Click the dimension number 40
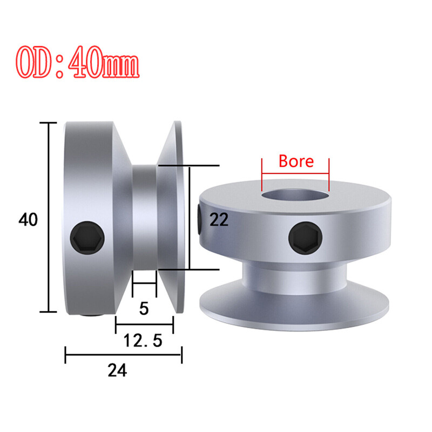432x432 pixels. click(x=28, y=220)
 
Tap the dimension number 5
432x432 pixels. click(x=144, y=308)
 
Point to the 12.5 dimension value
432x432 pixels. click(x=144, y=341)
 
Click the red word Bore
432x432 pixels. click(x=295, y=161)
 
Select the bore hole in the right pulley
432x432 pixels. click(x=295, y=194)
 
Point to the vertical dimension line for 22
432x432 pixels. click(x=190, y=217)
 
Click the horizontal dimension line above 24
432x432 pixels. click(x=123, y=355)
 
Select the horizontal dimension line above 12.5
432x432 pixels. click(x=144, y=325)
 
